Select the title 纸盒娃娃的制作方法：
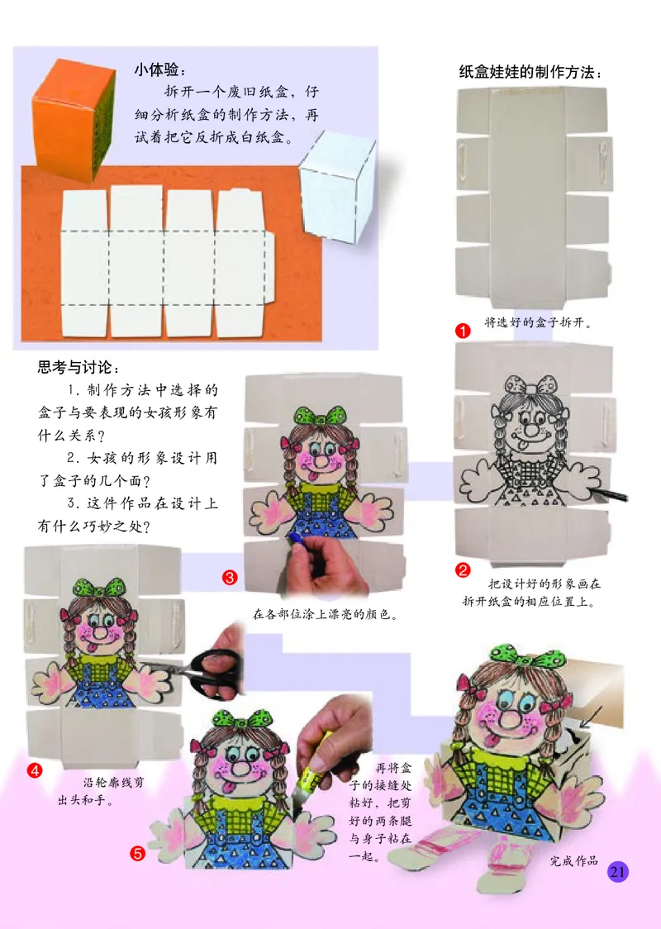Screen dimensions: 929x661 tap(529, 73)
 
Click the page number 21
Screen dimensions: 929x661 tap(618, 872)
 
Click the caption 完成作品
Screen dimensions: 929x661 tap(573, 861)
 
